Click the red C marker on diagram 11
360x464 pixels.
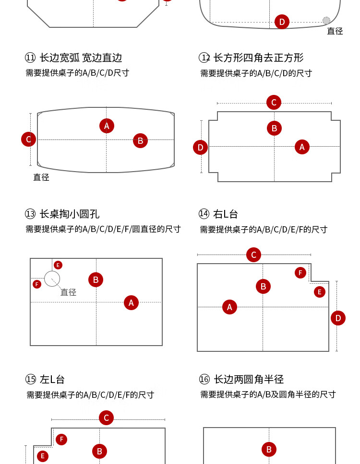28,139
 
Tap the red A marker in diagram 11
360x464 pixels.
107,126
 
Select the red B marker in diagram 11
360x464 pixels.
140,140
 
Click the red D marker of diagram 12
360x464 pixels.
200,147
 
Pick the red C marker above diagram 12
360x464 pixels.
274,102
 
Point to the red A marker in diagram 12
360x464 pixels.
301,147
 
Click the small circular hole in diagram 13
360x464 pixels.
52,278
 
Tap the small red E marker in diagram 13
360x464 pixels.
58,265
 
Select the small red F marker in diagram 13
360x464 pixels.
37,284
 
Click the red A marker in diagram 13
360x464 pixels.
131,302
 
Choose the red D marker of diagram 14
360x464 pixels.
338,318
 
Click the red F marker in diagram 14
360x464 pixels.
300,273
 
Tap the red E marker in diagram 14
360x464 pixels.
319,291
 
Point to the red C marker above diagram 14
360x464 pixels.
253,255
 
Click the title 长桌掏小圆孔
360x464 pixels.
69,214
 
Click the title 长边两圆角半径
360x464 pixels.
248,379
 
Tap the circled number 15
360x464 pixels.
31,380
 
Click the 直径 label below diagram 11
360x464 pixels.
41,177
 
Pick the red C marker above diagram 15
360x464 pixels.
106,418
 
